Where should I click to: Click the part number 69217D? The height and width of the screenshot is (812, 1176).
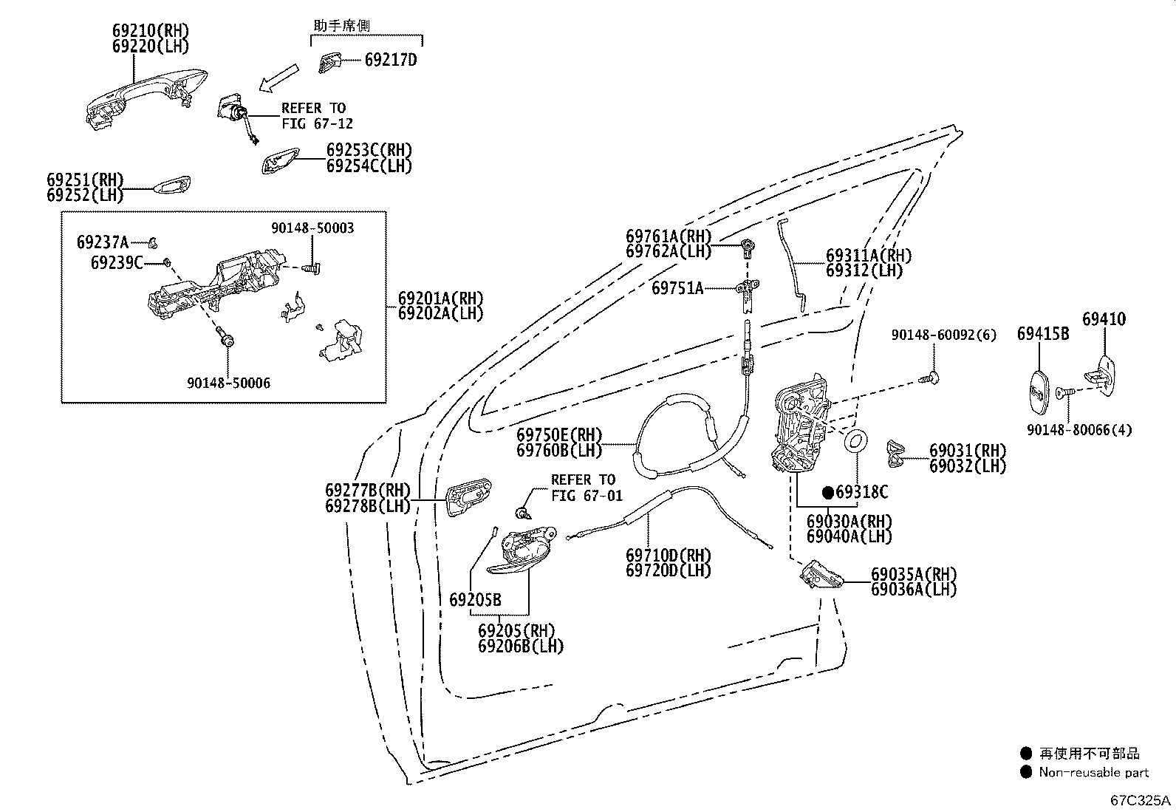point(391,60)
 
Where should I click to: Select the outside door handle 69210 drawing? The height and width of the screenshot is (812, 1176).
point(146,97)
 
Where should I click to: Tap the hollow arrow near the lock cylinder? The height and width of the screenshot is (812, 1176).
point(278,78)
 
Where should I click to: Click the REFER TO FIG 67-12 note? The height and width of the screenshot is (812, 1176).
point(317,115)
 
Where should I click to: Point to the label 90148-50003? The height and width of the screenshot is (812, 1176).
point(312,228)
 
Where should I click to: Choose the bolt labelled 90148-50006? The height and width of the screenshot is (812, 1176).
point(226,336)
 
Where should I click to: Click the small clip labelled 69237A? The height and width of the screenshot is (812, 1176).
point(153,242)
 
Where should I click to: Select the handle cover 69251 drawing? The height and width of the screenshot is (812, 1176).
point(171,185)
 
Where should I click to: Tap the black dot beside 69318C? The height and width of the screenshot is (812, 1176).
point(828,493)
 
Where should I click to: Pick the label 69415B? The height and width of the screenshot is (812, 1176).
point(1042,333)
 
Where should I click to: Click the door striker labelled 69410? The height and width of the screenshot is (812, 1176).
point(1101,376)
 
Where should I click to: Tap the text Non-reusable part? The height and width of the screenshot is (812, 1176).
point(1093,772)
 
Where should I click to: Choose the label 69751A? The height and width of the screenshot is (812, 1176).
point(677,288)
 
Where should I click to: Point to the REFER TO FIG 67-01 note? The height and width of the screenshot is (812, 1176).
point(587,488)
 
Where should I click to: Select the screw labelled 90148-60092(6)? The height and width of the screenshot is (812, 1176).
point(929,378)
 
